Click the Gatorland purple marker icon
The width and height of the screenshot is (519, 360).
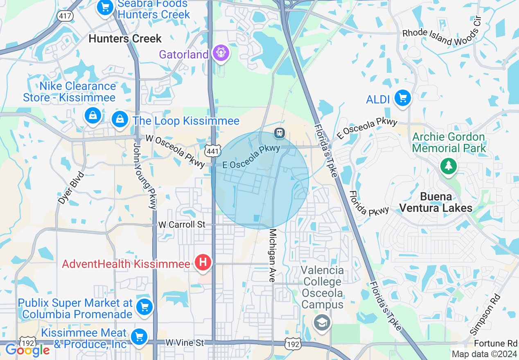coord(221,53)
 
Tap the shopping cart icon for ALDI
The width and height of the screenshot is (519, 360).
coord(403,98)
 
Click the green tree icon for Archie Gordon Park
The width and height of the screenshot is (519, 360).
coord(449,166)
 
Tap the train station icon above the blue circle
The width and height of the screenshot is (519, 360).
coord(280,133)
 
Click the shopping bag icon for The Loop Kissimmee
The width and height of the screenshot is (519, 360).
coord(120,119)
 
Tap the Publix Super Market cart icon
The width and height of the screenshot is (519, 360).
coord(144,306)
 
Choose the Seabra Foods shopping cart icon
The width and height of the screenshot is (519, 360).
coord(105,7)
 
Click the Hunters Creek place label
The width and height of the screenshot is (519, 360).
coord(125,39)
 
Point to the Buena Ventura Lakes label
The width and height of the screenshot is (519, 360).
coord(436,202)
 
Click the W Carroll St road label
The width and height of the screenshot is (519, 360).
coord(182,225)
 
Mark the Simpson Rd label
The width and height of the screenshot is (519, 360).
coord(486,313)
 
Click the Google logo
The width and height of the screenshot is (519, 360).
coord(27,350)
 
